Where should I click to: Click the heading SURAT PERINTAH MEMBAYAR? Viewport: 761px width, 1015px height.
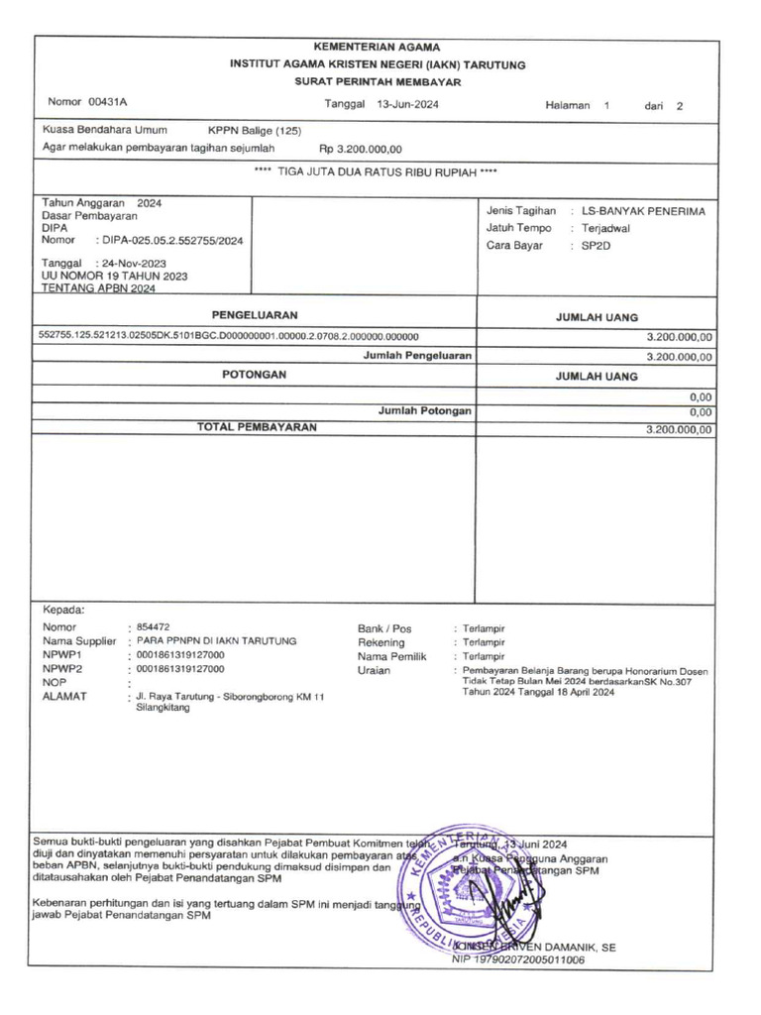[378, 81]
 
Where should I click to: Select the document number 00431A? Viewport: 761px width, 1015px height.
[108, 102]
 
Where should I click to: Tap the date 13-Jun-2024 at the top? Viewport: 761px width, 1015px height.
[408, 105]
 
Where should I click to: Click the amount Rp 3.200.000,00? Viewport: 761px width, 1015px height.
[361, 149]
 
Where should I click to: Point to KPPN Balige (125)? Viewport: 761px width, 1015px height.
[255, 130]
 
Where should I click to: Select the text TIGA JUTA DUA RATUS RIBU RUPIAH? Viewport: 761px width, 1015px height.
[376, 171]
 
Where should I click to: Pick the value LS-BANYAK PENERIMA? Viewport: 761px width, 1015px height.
[643, 211]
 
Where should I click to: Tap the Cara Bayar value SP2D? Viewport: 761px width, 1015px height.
[597, 245]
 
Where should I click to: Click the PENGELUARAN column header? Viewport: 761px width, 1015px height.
[255, 314]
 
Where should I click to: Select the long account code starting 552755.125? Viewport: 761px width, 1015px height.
[228, 336]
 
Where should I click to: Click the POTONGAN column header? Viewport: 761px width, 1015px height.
[255, 375]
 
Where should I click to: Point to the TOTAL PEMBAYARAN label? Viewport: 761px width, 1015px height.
[257, 427]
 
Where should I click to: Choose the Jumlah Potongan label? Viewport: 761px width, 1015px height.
[424, 410]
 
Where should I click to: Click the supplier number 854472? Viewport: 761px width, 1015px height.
[153, 627]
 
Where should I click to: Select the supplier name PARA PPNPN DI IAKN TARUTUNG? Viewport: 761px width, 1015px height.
[216, 641]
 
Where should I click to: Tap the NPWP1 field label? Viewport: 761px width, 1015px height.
[61, 655]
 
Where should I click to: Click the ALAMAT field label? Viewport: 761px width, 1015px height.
[64, 696]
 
